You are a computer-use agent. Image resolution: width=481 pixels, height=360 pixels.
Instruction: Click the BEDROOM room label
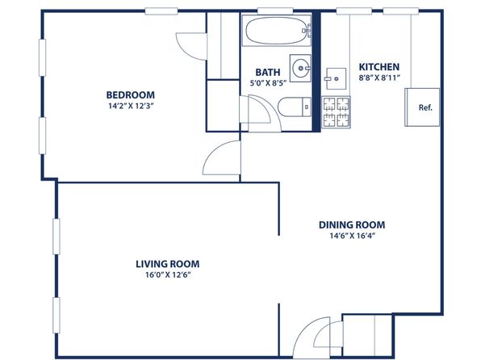click(131, 95)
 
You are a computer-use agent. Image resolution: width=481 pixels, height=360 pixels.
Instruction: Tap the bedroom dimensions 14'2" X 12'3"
click(131, 107)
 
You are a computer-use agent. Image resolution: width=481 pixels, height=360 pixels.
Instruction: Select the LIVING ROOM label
click(168, 264)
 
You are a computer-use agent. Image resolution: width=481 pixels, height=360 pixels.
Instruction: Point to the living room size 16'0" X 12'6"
click(168, 275)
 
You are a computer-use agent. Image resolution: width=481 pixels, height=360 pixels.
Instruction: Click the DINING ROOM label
click(352, 225)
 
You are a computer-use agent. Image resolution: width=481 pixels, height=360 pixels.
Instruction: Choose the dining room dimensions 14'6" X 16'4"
click(353, 236)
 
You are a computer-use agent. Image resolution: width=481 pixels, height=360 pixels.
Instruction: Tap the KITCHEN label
click(379, 67)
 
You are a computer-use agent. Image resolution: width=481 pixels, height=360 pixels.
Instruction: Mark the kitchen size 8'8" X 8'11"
click(379, 78)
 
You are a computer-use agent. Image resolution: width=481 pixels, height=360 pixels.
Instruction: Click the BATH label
click(268, 73)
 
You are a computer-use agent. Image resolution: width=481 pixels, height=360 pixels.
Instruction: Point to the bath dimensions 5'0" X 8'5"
click(268, 83)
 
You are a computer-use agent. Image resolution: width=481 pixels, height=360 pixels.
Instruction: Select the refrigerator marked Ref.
click(422, 107)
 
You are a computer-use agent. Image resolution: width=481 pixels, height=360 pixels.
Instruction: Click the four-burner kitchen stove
click(336, 112)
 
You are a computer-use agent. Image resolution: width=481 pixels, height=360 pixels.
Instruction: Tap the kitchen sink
click(336, 78)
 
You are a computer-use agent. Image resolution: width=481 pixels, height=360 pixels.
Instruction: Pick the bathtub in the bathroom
click(276, 31)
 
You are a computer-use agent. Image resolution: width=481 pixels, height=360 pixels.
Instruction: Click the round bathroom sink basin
click(300, 68)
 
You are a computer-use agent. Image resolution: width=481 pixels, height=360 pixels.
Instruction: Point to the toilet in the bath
click(295, 107)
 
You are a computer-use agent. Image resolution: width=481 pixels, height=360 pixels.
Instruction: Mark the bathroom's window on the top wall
click(275, 11)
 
